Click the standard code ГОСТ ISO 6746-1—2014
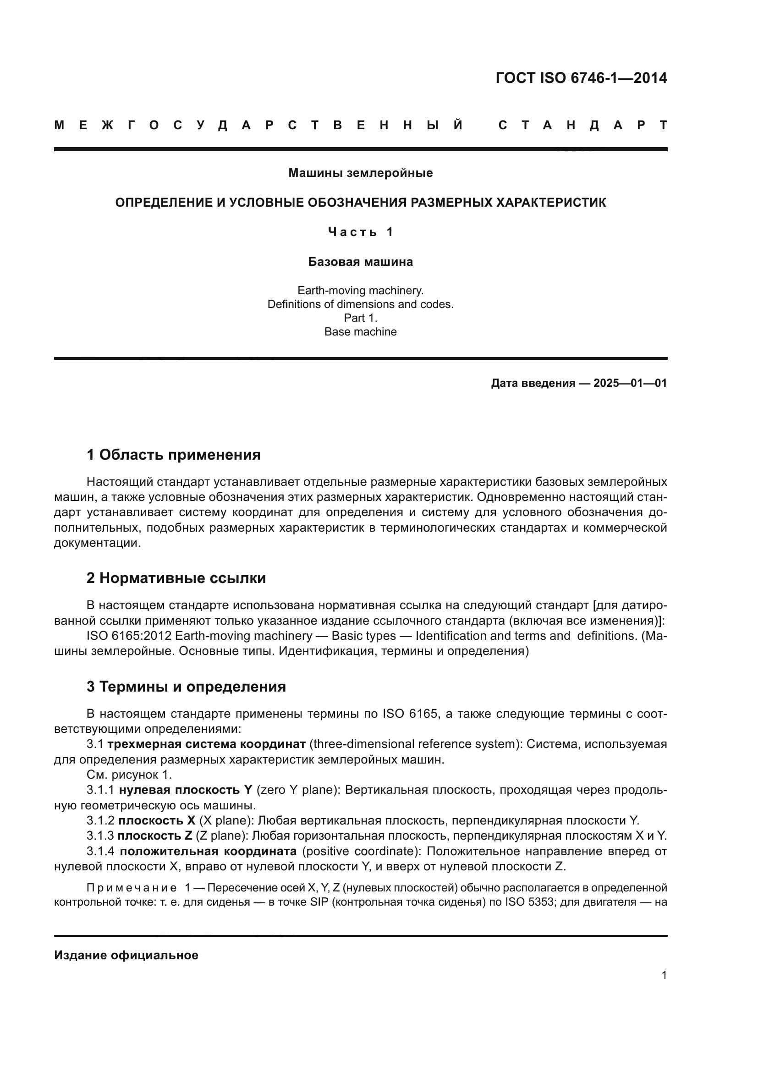(581, 78)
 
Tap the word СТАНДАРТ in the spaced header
(582, 125)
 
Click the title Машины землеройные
(360, 173)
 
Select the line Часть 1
(360, 232)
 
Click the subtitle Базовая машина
(360, 262)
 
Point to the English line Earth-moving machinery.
(360, 291)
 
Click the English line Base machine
(360, 332)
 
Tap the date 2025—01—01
(630, 383)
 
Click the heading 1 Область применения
(174, 455)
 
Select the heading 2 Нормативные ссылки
(176, 578)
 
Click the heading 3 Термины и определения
(186, 687)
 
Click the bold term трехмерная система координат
(206, 744)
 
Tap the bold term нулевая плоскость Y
(185, 790)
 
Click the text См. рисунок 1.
(129, 775)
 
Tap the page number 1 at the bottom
(664, 975)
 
